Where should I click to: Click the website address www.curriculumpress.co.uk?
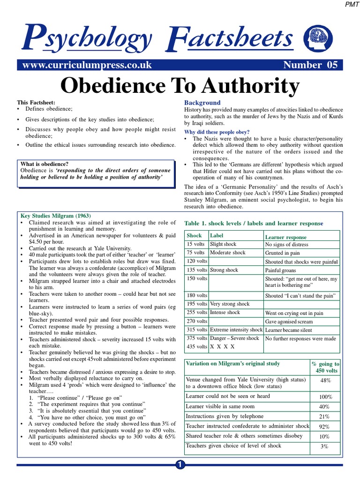(84, 65)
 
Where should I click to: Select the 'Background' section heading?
(202, 103)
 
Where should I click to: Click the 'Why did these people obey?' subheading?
(217, 132)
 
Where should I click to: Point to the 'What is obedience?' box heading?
(45, 164)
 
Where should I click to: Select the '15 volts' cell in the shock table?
(196, 245)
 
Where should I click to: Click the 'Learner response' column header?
(286, 237)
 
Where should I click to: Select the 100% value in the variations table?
(325, 397)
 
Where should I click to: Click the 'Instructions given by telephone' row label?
(225, 416)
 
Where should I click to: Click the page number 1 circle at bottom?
(180, 465)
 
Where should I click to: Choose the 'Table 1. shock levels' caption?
(254, 223)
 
